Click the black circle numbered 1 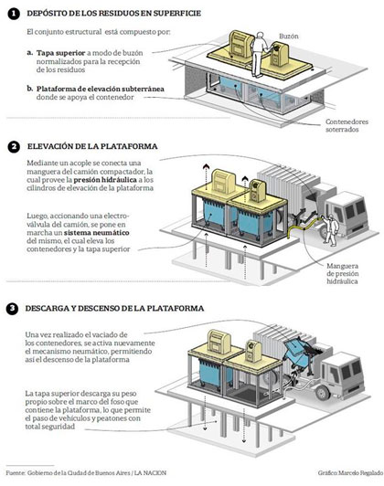[x=11, y=13]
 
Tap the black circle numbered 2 [x=11, y=147]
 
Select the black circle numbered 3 [x=11, y=308]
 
